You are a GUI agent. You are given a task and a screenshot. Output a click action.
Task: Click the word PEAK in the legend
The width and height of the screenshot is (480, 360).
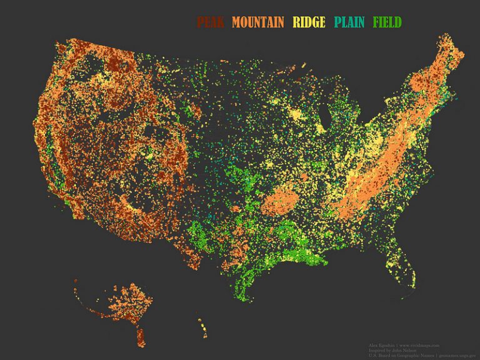point(211,22)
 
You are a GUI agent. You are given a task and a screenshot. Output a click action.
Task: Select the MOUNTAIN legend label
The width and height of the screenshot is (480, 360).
point(257,22)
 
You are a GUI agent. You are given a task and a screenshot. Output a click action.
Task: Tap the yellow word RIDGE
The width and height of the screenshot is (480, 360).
point(309,22)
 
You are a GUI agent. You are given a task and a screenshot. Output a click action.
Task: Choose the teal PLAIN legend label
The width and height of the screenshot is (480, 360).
point(349,22)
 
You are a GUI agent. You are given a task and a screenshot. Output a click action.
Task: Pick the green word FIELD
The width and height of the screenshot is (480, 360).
point(387,22)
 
